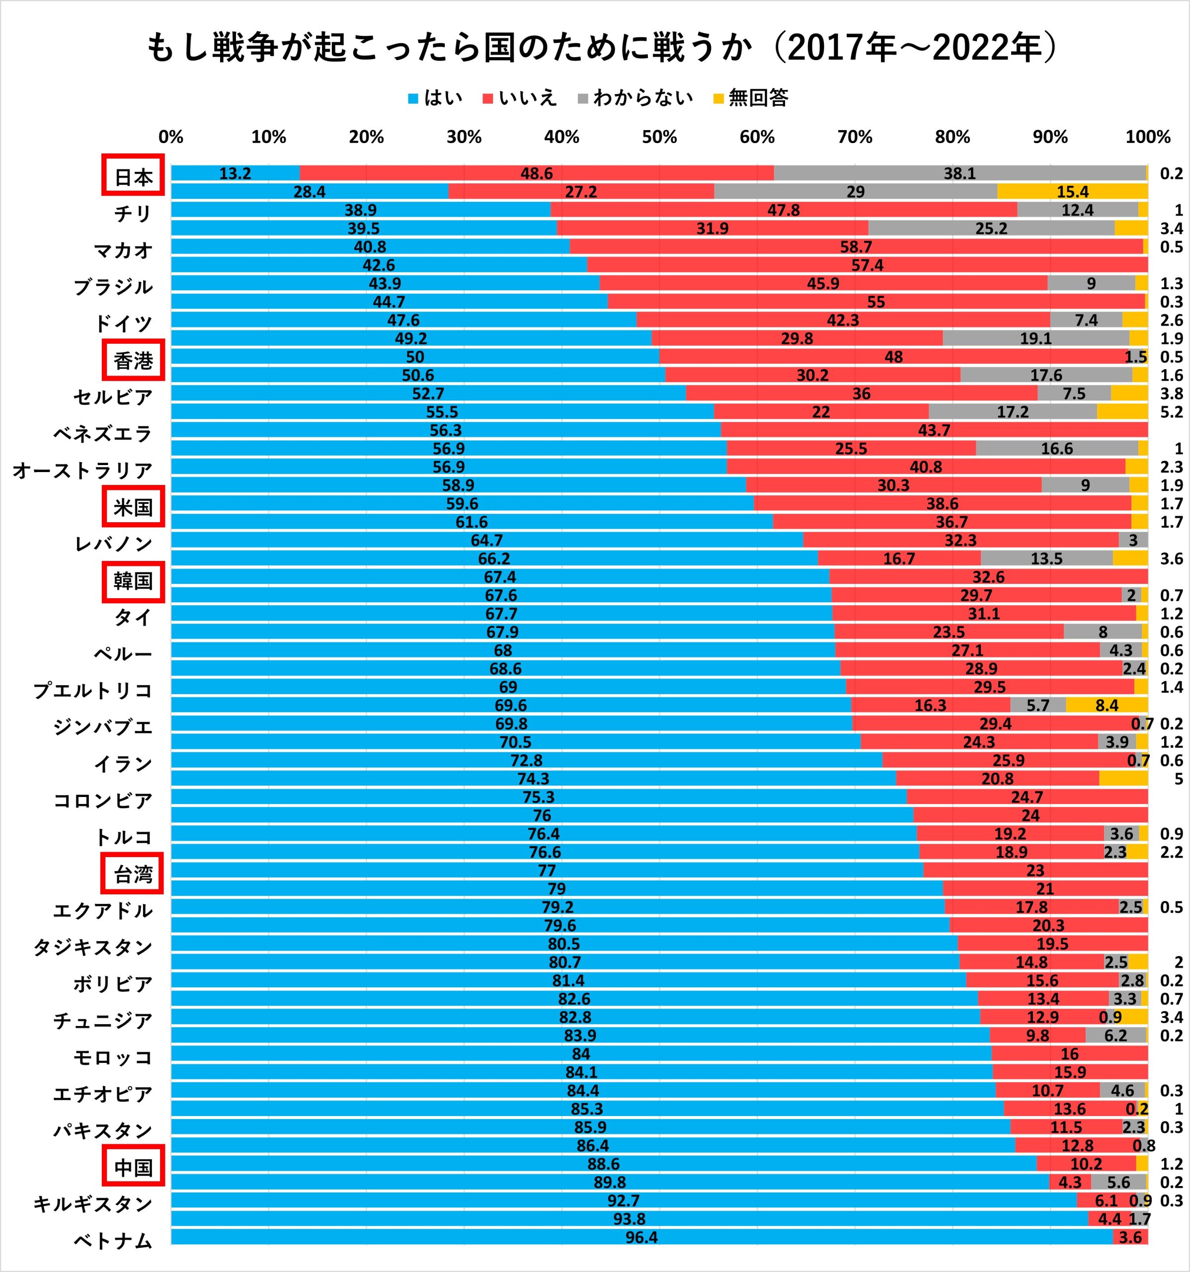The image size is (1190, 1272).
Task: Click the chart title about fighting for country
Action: [x=601, y=48]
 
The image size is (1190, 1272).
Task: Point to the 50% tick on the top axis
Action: [x=659, y=137]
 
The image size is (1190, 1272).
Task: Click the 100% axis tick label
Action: [x=1148, y=137]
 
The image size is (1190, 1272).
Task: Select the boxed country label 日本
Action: [x=133, y=175]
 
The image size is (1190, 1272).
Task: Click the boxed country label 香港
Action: [x=133, y=360]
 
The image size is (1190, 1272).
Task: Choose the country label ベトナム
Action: [x=113, y=1241]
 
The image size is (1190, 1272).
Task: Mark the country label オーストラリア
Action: [x=82, y=470]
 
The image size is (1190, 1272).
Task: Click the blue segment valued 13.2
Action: [x=235, y=173]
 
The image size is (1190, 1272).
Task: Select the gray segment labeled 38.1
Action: [x=959, y=173]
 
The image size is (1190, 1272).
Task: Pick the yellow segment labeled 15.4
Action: [x=1072, y=191]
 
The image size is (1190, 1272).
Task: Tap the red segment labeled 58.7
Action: [x=856, y=246]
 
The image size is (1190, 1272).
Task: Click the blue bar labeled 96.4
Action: [x=641, y=1237]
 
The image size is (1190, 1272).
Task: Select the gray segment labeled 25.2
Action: [x=991, y=229]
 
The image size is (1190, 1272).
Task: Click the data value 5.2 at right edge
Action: [x=1172, y=412]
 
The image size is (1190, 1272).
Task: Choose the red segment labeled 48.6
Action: [x=536, y=173]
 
